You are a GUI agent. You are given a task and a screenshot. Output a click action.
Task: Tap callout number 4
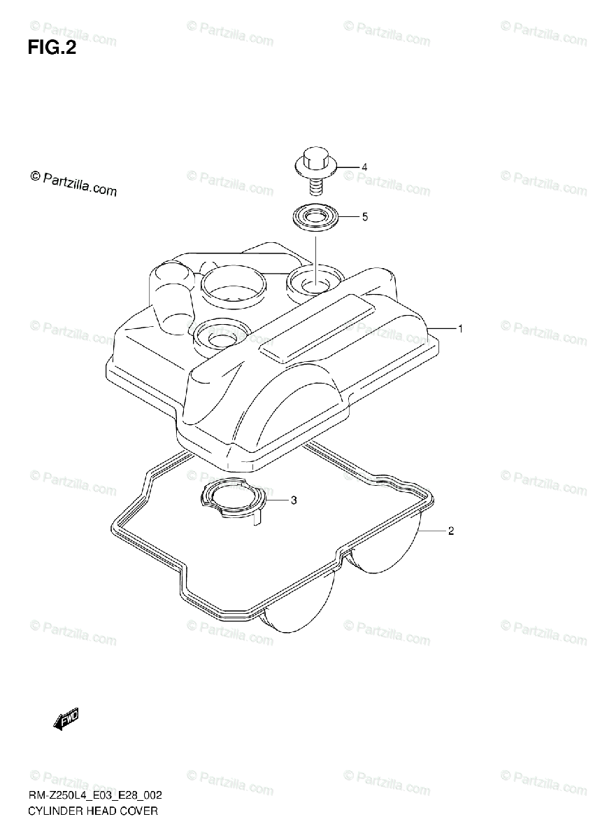click(x=364, y=167)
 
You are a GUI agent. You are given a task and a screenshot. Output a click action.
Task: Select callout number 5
click(x=364, y=217)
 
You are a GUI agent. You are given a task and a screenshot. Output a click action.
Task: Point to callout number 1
click(x=460, y=328)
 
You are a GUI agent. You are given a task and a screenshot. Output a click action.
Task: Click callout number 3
click(x=294, y=500)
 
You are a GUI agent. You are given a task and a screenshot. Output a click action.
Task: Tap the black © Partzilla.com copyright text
click(x=73, y=184)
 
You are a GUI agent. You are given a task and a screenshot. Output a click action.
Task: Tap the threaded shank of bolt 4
click(x=315, y=186)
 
